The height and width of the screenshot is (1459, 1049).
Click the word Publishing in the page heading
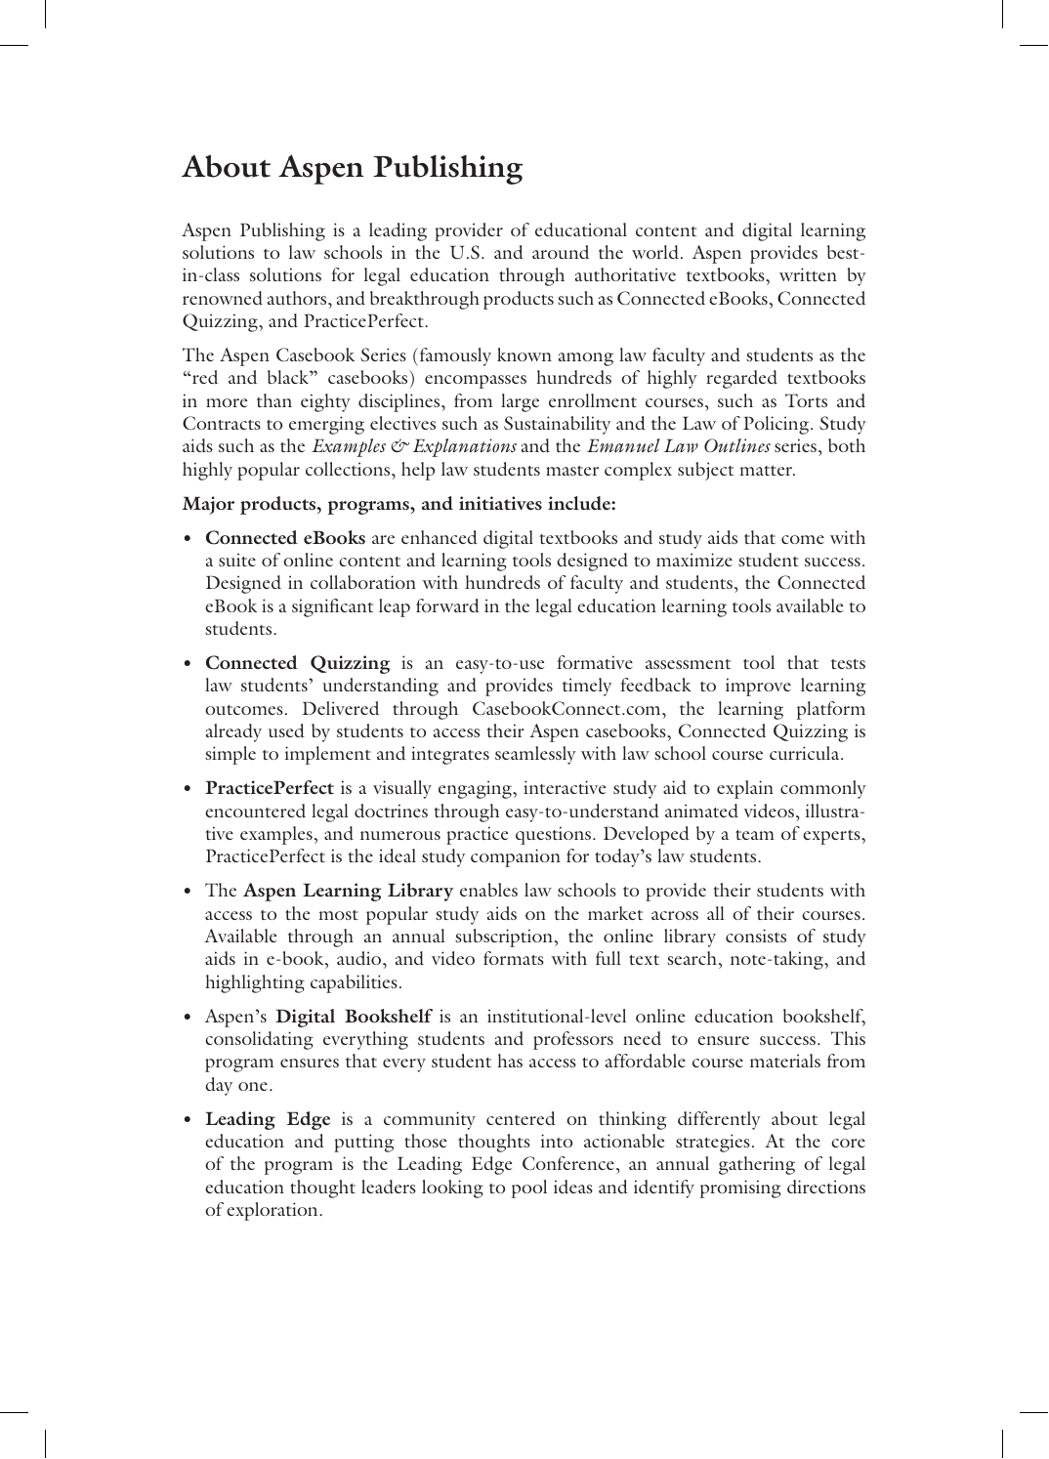click(446, 168)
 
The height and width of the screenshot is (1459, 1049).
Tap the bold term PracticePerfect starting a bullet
click(270, 788)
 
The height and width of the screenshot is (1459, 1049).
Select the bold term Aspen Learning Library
click(348, 891)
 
